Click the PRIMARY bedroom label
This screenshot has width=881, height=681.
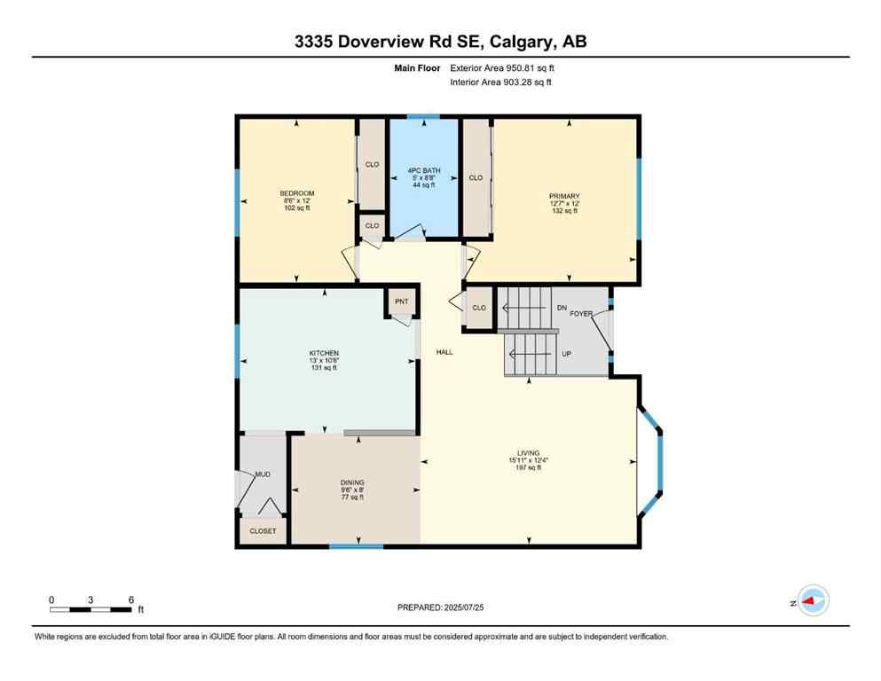tap(564, 196)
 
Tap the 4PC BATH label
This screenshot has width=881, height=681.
tap(423, 170)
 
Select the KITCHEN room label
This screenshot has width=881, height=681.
tap(324, 353)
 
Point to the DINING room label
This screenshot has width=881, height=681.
tap(352, 482)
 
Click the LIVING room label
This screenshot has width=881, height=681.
tap(524, 452)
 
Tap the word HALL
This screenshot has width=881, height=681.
tap(444, 352)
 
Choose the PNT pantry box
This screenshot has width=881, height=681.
tap(400, 302)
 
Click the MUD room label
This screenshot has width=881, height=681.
tap(263, 474)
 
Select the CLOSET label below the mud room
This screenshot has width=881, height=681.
tap(263, 531)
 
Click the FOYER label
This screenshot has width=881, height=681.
tap(581, 314)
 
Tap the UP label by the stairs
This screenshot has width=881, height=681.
tap(565, 354)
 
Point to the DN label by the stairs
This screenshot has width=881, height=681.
tap(561, 308)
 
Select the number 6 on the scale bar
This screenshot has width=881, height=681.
tap(130, 599)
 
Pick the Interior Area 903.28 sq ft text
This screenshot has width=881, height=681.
tap(501, 82)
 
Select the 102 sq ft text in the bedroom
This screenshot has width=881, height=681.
tap(297, 208)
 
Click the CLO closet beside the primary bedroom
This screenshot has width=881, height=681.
tap(476, 177)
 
